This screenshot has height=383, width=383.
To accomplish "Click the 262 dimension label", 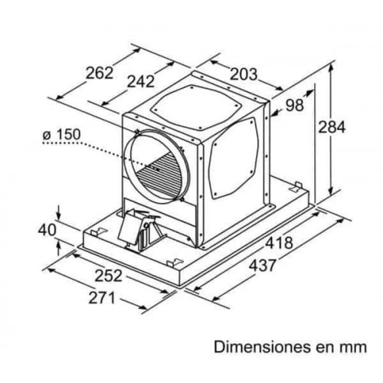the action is [100, 73].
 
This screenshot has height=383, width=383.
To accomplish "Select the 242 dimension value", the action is [141, 81].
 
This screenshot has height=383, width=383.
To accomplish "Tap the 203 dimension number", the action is [244, 74].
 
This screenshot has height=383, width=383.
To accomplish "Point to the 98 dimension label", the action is [295, 105].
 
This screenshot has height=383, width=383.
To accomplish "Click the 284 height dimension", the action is [332, 127].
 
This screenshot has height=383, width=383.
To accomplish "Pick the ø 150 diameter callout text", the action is [61, 134].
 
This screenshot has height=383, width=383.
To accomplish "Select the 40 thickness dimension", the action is [47, 231].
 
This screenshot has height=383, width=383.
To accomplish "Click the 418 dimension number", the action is [279, 243].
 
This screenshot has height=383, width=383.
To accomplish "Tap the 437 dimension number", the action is [263, 266].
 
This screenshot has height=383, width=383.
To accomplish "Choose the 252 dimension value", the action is [109, 276].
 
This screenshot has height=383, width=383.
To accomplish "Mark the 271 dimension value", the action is [102, 298].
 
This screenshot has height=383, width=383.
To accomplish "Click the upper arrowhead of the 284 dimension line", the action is [331, 67].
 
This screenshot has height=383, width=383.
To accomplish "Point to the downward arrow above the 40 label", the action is [59, 212].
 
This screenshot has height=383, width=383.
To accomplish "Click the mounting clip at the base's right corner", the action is [296, 186].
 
